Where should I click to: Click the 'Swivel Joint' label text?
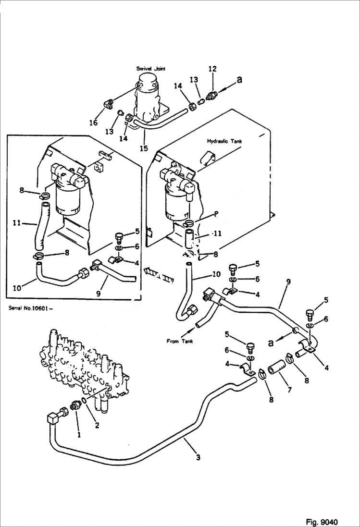tap(150, 69)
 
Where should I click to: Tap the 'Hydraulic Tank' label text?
tap(224, 141)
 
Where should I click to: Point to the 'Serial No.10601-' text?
tap(30, 308)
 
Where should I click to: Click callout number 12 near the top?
tap(212, 69)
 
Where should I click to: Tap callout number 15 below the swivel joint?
tap(143, 148)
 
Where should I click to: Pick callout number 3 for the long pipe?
tap(198, 457)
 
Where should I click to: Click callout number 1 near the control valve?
tap(79, 436)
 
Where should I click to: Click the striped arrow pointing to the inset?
tap(159, 276)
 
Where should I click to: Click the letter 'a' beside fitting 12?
tap(239, 79)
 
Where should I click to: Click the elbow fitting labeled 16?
tap(109, 103)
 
